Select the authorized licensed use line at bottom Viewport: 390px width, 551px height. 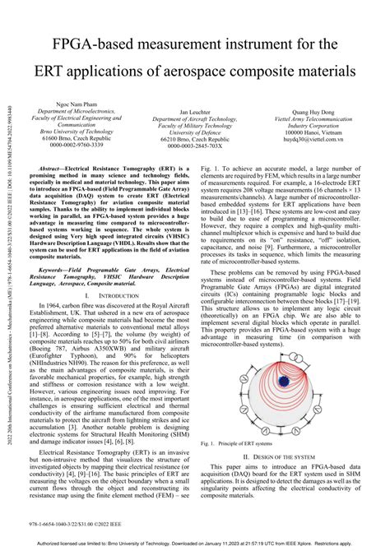pos(195,544)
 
